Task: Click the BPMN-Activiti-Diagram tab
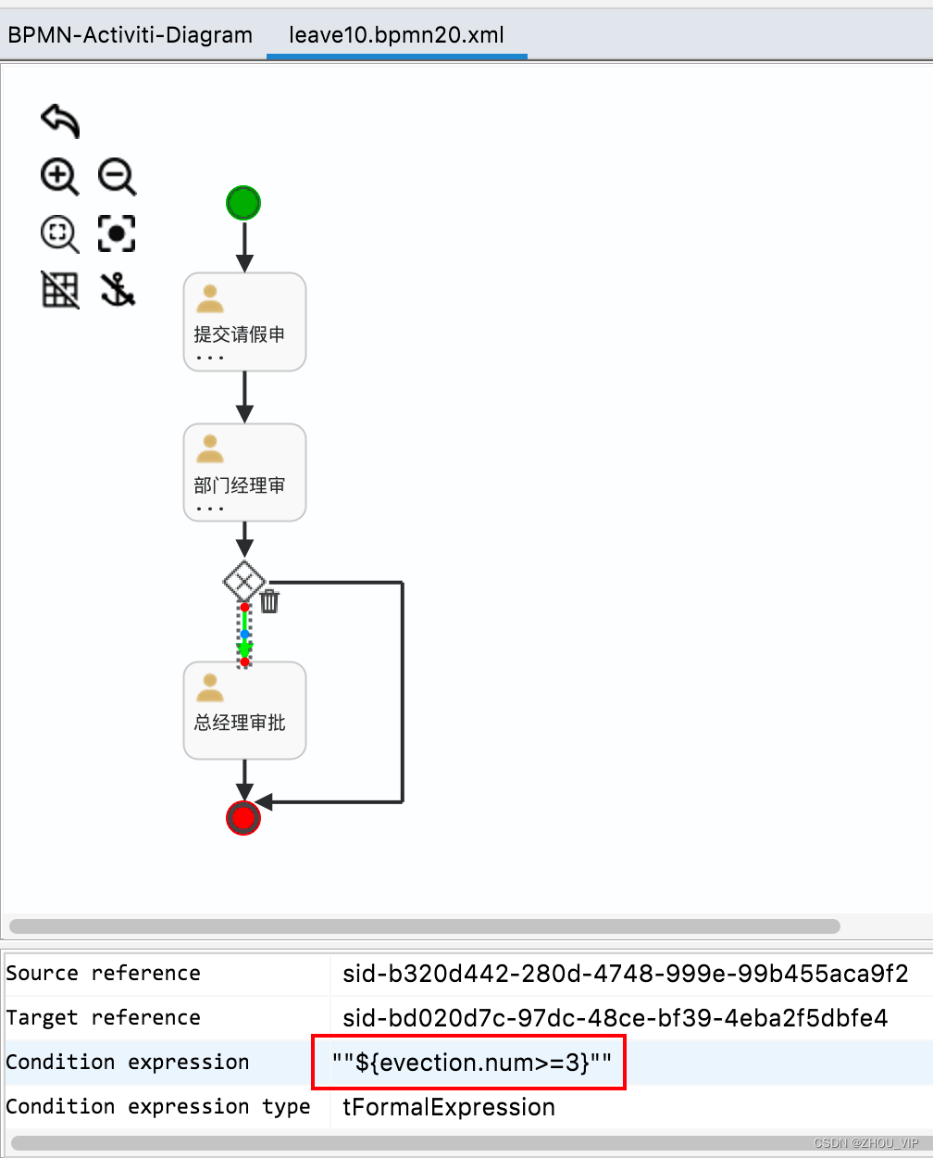pos(131,35)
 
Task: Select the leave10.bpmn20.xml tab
pos(396,35)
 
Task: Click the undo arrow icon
pos(60,120)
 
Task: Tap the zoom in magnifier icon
pos(60,176)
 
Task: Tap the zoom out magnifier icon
pos(118,176)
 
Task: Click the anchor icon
pos(118,290)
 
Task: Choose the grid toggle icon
pos(60,290)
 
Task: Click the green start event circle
pos(243,203)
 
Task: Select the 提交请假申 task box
pos(244,321)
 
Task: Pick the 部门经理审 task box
pos(244,472)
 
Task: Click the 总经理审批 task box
pos(244,711)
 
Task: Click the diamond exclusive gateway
pos(243,583)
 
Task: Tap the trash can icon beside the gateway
pos(269,601)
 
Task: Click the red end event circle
pos(243,817)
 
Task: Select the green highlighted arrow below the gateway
pos(244,635)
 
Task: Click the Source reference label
pos(103,973)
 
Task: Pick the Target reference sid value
pos(616,1017)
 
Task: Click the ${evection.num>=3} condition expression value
pos(472,1062)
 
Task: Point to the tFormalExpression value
pos(449,1106)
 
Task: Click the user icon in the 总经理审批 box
pos(210,688)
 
